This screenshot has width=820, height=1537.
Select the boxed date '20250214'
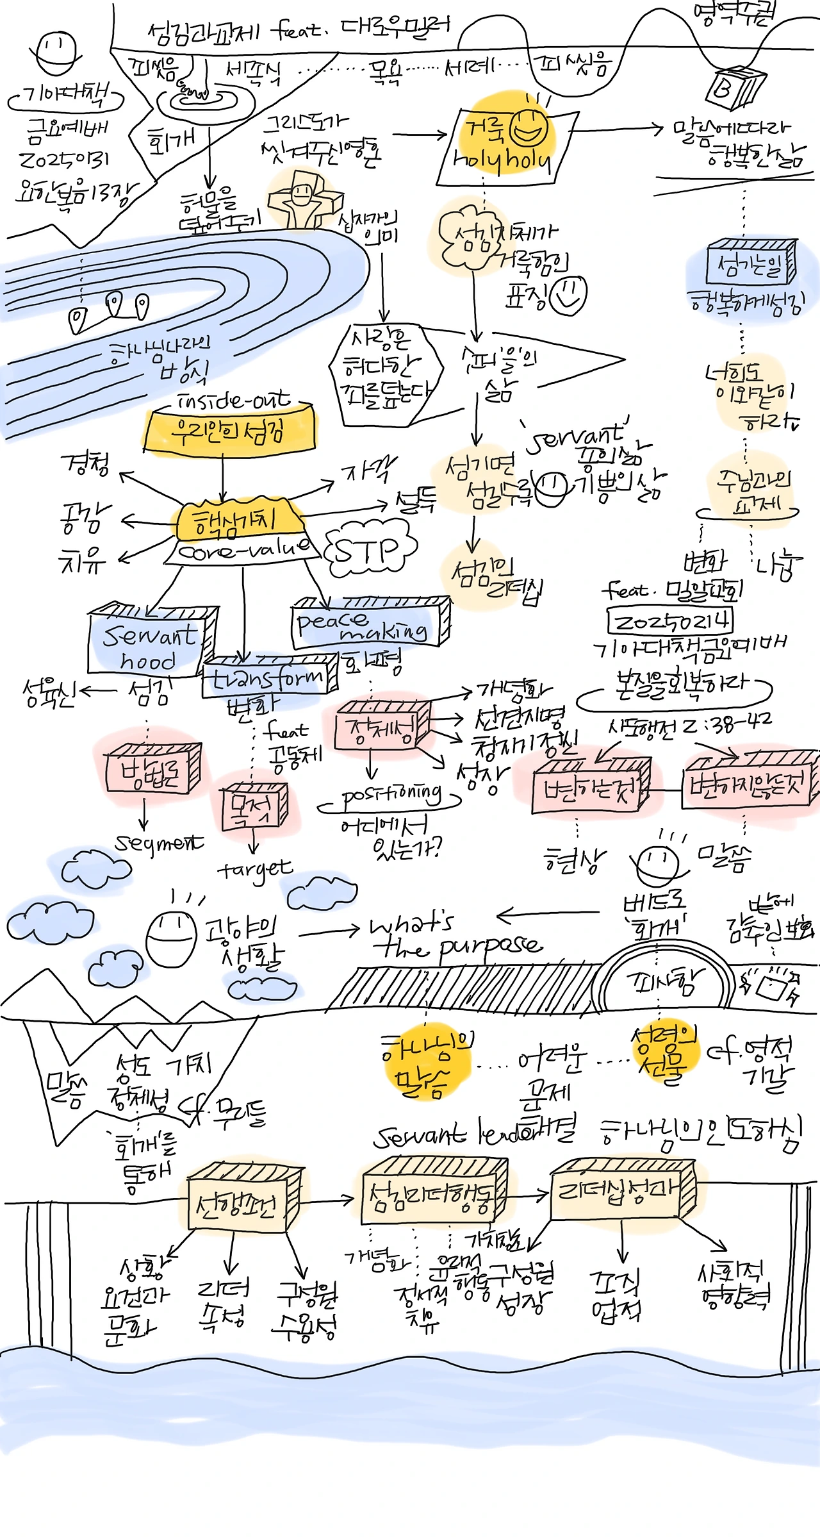click(x=670, y=620)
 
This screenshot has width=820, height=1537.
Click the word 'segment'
click(x=159, y=843)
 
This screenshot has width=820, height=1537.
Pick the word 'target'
click(x=254, y=869)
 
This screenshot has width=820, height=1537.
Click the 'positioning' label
click(x=391, y=796)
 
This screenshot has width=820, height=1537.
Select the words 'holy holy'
click(x=501, y=160)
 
